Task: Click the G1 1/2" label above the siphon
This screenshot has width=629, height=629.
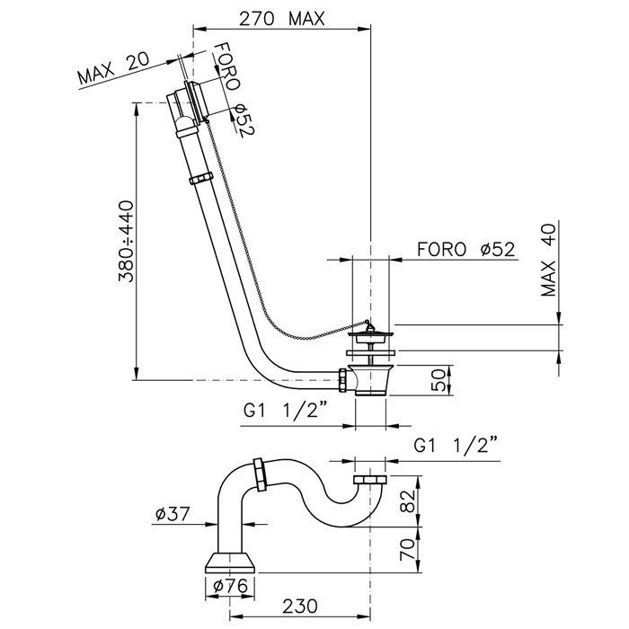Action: click(x=455, y=445)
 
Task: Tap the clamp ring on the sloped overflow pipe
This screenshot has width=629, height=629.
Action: click(x=200, y=179)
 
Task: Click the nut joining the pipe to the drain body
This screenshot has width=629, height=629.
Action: click(x=343, y=379)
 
